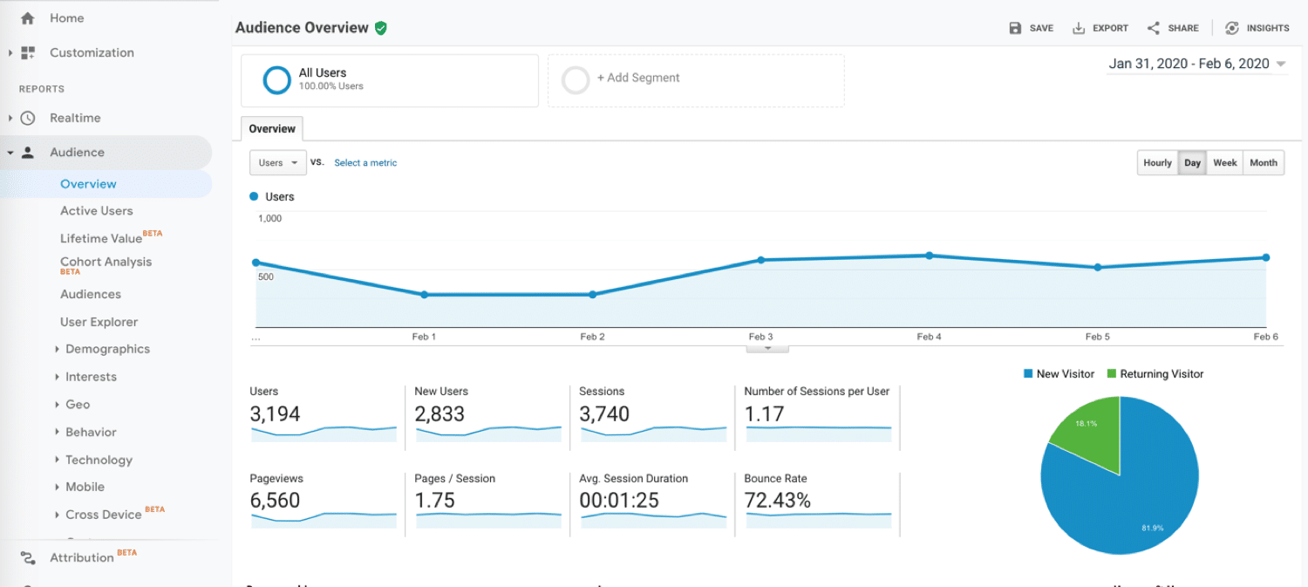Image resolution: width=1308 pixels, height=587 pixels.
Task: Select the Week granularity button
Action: [x=1224, y=163]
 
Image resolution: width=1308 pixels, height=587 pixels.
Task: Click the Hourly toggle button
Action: [x=1157, y=163]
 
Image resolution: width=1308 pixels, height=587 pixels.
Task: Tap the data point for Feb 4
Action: [x=930, y=256]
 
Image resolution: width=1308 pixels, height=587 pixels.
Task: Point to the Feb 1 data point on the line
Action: [x=425, y=295]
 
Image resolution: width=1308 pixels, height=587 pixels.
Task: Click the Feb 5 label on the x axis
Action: [x=1097, y=337]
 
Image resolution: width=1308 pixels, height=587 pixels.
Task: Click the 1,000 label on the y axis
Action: [x=270, y=218]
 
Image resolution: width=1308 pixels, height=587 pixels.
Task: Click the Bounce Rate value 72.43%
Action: [x=777, y=501]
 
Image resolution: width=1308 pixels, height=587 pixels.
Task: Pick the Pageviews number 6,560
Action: [x=275, y=501]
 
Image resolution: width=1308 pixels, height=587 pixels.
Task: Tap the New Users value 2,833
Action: [x=439, y=414]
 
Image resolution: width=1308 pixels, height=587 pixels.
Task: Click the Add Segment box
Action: [x=695, y=80]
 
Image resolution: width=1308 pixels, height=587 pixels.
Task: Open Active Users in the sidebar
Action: [x=97, y=211]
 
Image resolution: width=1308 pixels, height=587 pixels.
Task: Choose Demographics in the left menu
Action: [x=107, y=349]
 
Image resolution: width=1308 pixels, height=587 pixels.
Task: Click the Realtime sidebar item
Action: [x=75, y=118]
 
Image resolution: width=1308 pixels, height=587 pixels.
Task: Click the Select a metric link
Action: [x=365, y=163]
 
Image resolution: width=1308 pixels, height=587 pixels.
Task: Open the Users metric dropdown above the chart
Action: [x=277, y=163]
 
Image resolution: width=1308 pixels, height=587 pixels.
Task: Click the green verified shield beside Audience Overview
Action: [x=380, y=28]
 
